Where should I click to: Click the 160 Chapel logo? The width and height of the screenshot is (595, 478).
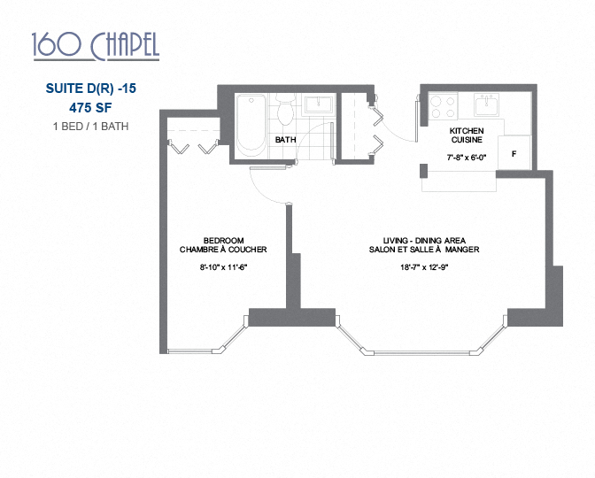95,46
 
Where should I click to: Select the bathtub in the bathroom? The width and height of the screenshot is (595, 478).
251,125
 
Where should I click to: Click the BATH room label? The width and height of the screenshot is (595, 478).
285,140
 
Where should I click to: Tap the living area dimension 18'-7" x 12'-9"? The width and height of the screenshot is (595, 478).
424,270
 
